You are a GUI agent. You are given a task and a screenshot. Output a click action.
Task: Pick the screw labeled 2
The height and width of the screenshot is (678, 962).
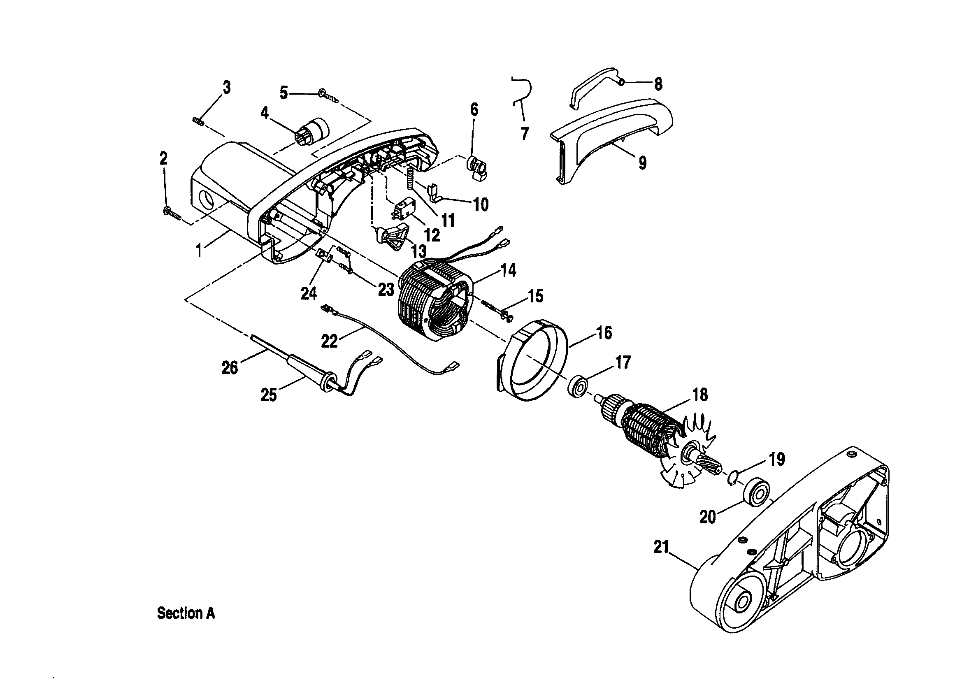pyautogui.click(x=172, y=213)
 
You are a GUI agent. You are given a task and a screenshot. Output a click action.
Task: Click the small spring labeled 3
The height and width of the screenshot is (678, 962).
pyautogui.click(x=198, y=121)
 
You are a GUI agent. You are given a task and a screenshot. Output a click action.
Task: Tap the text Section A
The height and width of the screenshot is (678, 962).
pyautogui.click(x=186, y=613)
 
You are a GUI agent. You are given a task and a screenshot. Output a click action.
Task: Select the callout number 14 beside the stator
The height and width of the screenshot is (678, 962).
pyautogui.click(x=509, y=271)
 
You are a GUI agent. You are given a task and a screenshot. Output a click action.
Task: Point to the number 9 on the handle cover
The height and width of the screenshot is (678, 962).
pyautogui.click(x=642, y=162)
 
